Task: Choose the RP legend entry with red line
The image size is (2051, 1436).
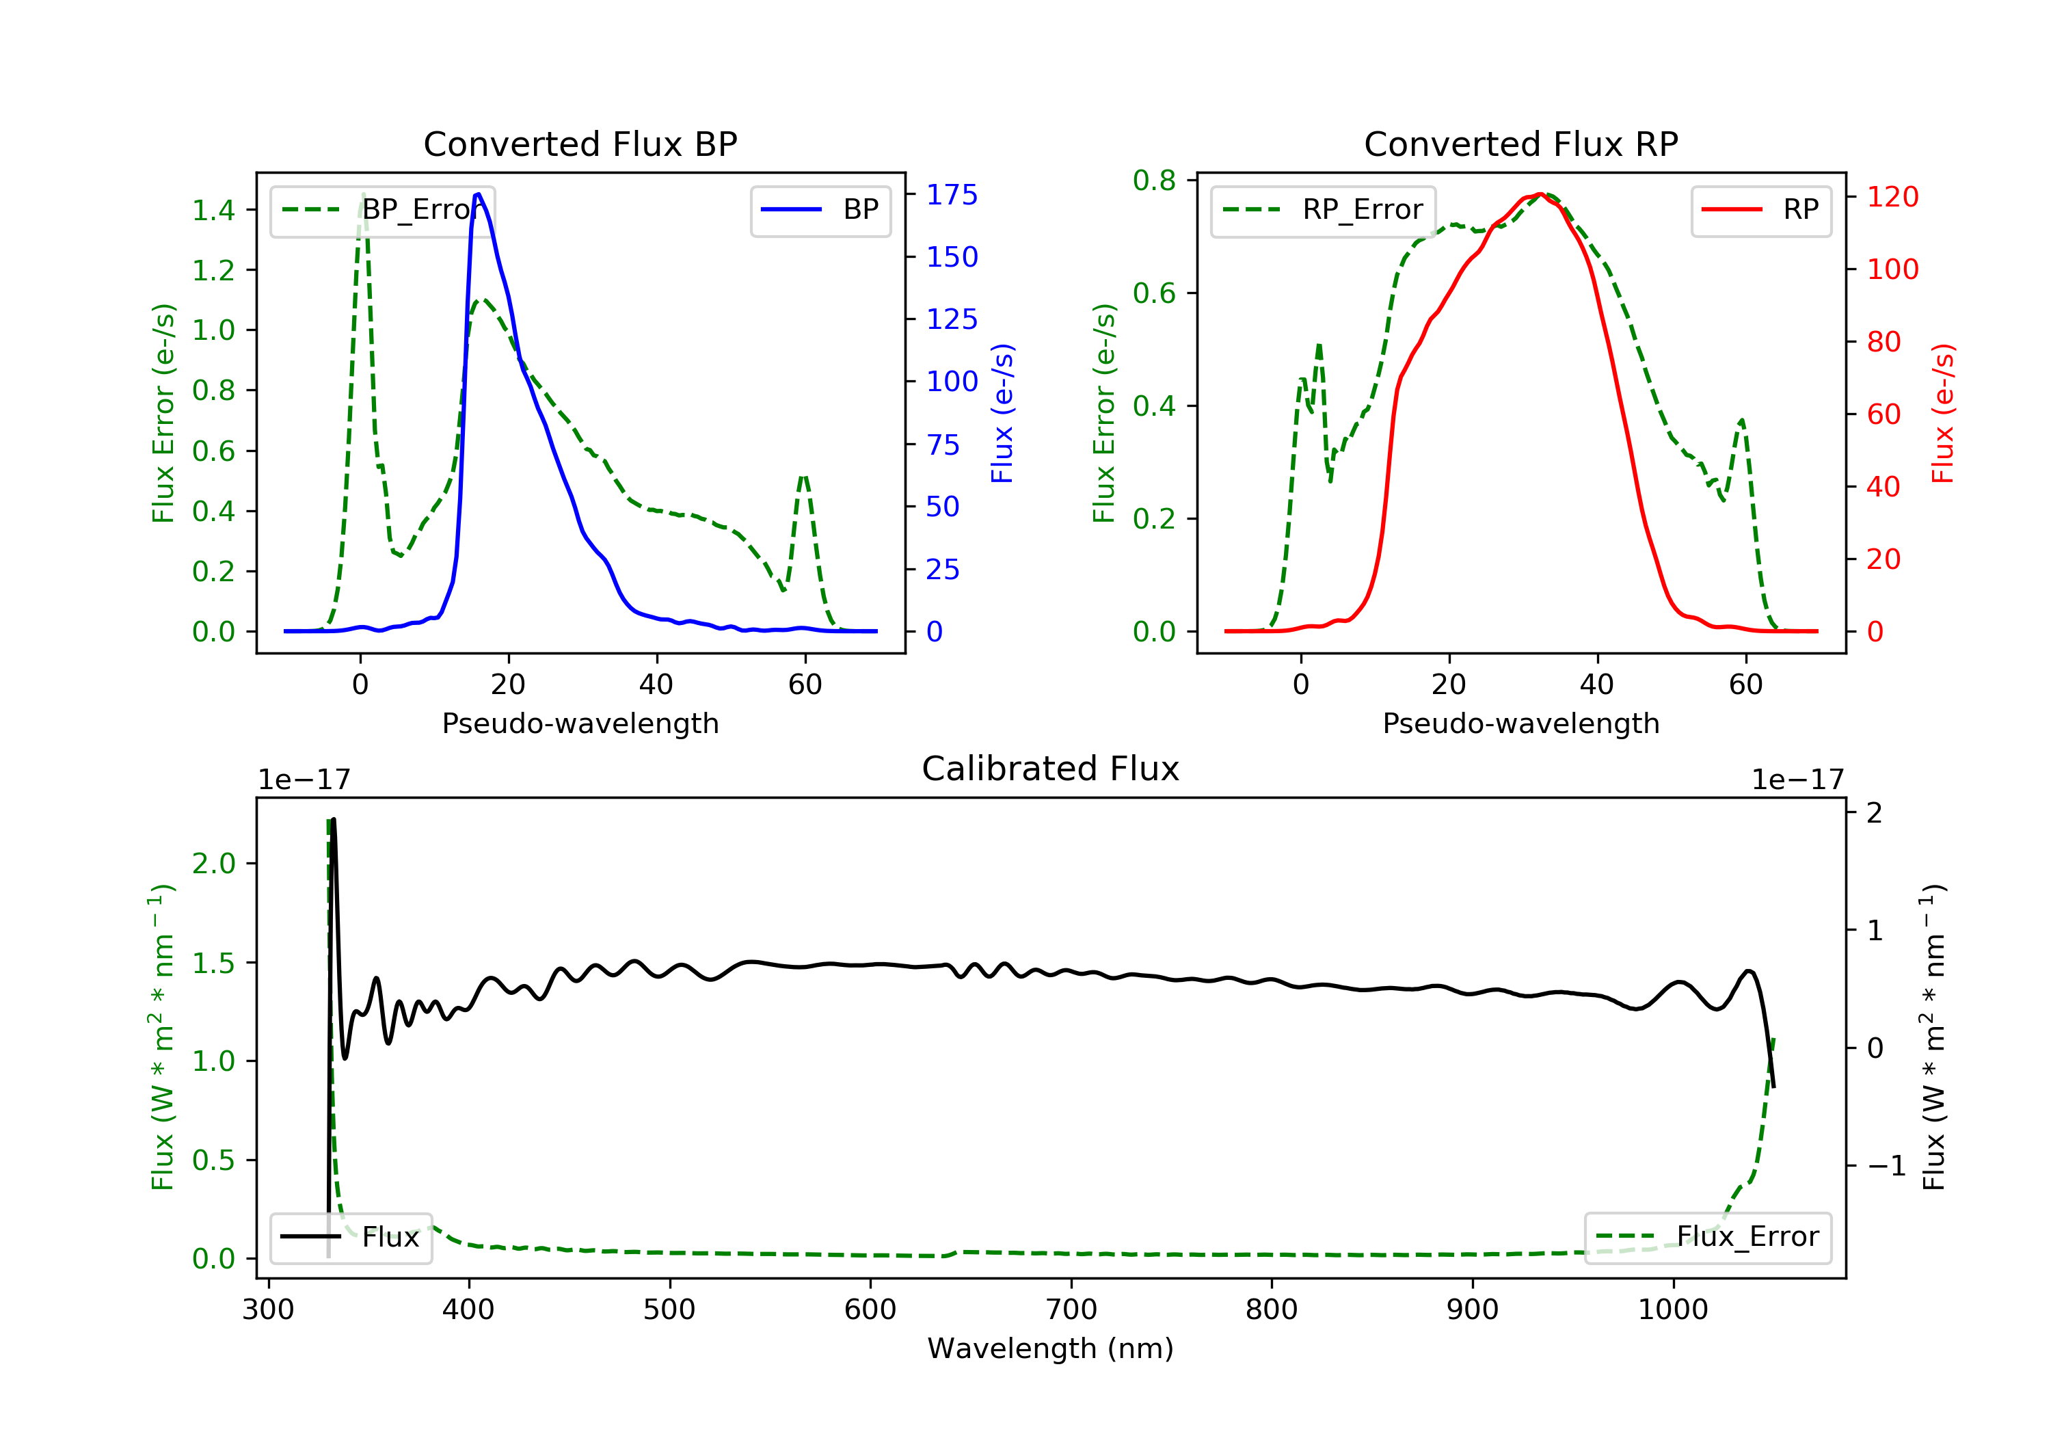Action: click(x=1760, y=210)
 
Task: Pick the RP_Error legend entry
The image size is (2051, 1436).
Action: click(x=1323, y=210)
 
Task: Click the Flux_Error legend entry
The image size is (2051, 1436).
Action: click(x=1707, y=1237)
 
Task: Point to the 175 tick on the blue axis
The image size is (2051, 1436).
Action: click(x=952, y=195)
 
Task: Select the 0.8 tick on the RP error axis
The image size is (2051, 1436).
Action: click(x=1154, y=181)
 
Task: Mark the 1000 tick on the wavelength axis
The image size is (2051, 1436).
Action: click(x=1672, y=1310)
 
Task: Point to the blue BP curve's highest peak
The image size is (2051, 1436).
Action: click(x=478, y=194)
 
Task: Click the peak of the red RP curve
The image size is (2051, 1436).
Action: click(x=1540, y=194)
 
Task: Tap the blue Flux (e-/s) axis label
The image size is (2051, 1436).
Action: click(x=1002, y=414)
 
